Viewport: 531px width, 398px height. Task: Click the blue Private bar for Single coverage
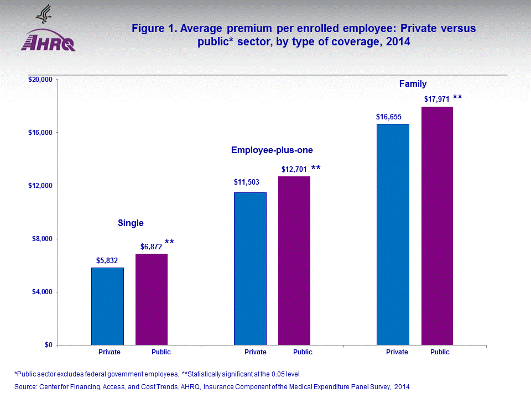(107, 306)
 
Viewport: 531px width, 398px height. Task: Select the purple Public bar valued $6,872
(152, 299)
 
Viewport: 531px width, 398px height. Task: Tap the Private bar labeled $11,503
(250, 269)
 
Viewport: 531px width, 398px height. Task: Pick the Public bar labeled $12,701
(294, 260)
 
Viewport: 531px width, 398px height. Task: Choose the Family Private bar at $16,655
(393, 234)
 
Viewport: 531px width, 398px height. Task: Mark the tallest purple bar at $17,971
(437, 226)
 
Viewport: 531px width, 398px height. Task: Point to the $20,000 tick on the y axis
(40, 80)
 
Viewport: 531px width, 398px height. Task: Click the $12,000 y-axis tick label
(40, 186)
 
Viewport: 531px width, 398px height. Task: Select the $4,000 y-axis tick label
(41, 292)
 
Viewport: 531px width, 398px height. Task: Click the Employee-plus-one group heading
(268, 150)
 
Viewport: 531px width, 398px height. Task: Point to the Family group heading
(413, 84)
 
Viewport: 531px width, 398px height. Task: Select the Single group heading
(131, 223)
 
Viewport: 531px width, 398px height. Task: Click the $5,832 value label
(107, 260)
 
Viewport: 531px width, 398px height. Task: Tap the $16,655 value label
(388, 117)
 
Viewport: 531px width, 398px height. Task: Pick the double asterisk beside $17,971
(457, 98)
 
